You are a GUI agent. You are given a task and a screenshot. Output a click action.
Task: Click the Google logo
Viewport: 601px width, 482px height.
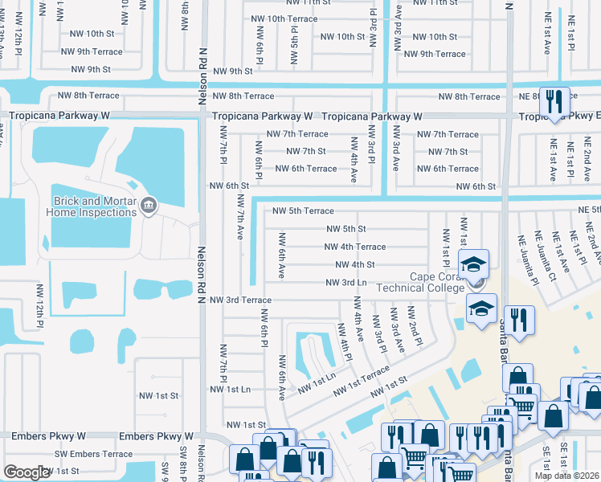27,472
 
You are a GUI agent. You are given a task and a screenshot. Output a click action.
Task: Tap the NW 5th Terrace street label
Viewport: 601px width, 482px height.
303,211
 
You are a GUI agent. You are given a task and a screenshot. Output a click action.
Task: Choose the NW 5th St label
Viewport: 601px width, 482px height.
345,229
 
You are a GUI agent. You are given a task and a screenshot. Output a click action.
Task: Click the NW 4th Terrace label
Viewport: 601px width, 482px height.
355,247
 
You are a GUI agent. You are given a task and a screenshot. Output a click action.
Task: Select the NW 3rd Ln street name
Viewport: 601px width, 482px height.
345,282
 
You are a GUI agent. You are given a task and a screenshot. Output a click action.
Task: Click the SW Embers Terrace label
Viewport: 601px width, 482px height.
93,454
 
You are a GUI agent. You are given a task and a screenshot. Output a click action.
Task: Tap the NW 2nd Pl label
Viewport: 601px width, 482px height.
415,325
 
